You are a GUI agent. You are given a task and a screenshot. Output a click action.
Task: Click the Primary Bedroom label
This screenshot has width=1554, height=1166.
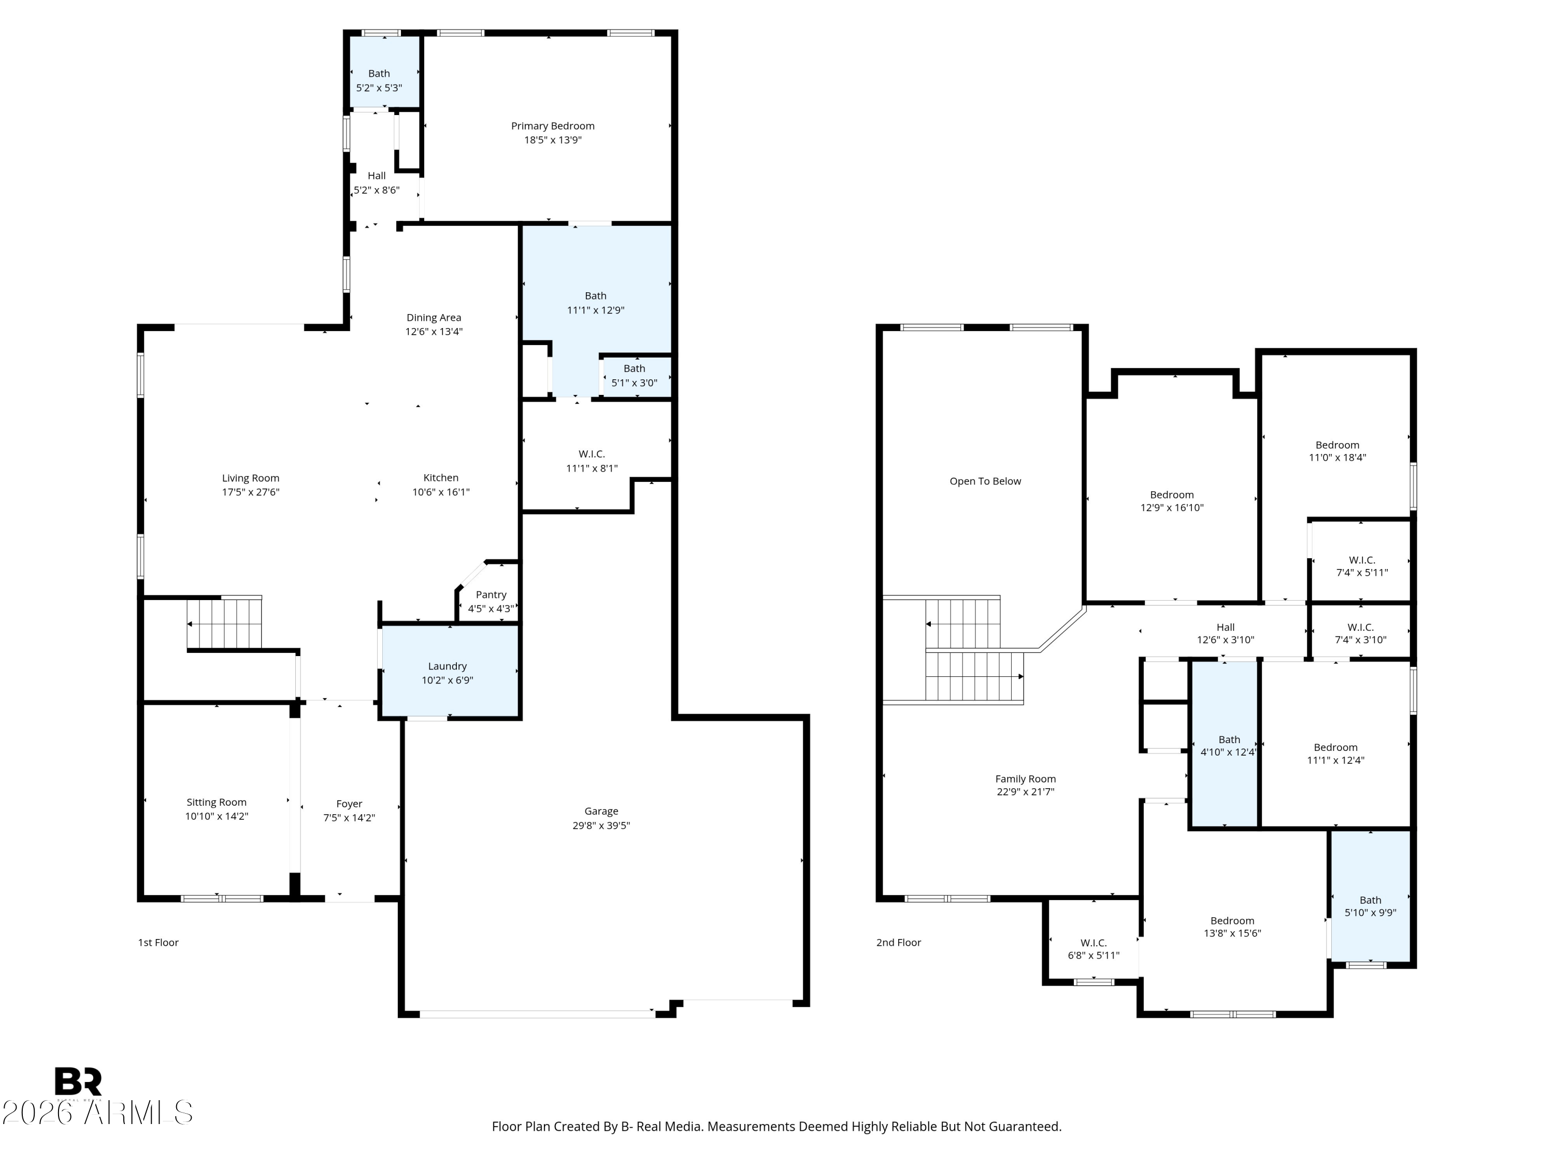(x=552, y=126)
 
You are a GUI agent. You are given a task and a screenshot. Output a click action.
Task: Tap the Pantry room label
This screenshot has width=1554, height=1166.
(x=491, y=594)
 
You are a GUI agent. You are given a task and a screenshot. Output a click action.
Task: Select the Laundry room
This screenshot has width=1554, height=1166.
(x=448, y=673)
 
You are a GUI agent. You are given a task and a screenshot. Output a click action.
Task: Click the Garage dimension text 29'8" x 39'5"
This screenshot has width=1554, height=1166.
(x=601, y=825)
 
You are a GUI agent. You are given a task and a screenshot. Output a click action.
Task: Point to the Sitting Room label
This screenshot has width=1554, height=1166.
(x=217, y=802)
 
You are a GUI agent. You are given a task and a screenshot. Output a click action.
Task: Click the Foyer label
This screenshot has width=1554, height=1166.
(x=349, y=803)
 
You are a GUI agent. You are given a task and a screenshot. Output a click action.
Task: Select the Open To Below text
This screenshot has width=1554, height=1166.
(x=985, y=481)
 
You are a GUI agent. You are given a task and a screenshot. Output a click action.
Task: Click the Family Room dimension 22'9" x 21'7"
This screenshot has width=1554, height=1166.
(x=1025, y=791)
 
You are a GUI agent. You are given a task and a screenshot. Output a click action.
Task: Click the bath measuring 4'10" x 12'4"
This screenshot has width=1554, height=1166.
(x=1228, y=745)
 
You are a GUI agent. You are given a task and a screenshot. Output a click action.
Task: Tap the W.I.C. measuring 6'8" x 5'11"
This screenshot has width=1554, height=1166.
(x=1093, y=949)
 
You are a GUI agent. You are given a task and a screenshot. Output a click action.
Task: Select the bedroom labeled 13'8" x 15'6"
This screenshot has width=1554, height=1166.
(x=1232, y=927)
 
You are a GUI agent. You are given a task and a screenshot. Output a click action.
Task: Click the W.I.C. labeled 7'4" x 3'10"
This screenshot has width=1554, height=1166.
(x=1360, y=633)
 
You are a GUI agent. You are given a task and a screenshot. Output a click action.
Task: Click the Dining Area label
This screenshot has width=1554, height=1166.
(x=434, y=318)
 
